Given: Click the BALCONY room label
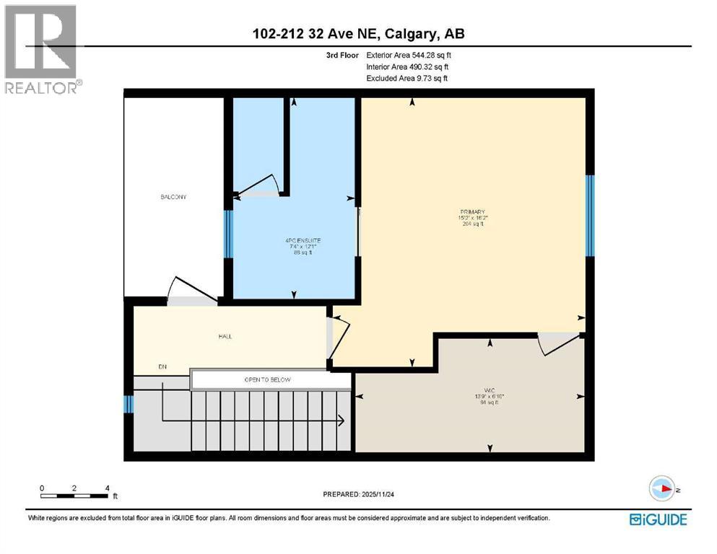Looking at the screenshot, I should point(173,197).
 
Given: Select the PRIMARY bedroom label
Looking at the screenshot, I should point(472,212).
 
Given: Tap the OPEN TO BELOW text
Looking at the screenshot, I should point(268,379).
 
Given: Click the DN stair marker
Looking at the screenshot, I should point(162,367).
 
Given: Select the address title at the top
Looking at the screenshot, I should point(358,34).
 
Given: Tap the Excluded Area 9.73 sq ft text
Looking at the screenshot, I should point(407,78).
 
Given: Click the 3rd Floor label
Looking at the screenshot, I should point(342,55).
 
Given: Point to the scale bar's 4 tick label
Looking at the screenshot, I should point(107,488).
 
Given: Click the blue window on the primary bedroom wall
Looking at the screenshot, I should point(589,216).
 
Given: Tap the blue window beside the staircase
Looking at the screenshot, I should point(128,404).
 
